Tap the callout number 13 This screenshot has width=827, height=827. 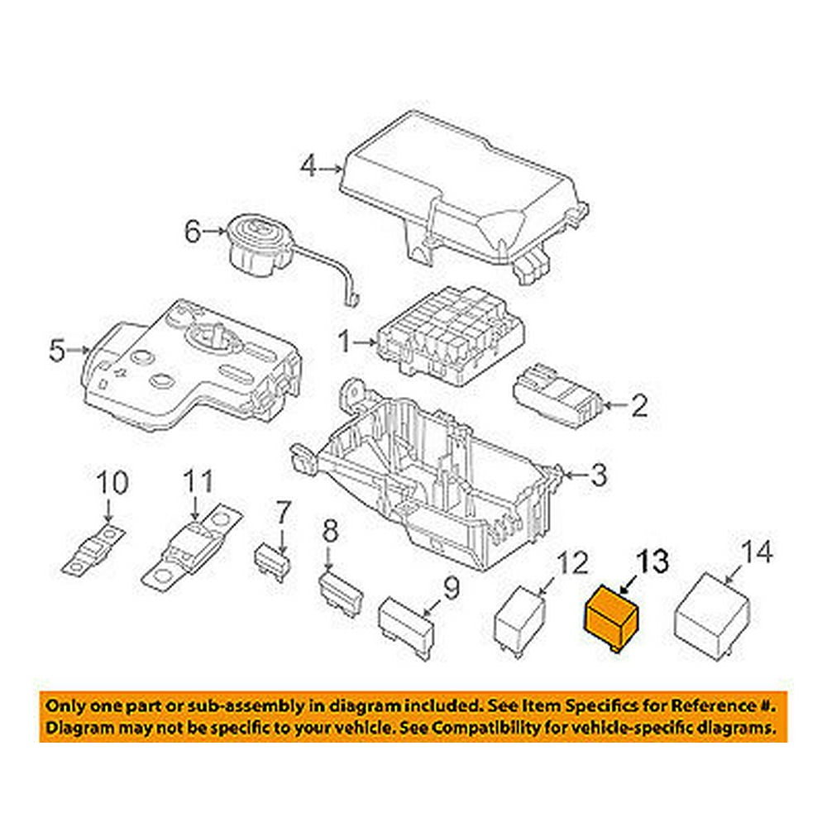[653, 563]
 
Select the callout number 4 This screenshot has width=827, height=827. [308, 168]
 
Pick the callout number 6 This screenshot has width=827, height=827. [193, 232]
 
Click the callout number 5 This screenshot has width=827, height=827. [56, 351]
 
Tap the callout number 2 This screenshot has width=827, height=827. [639, 406]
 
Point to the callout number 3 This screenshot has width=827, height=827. [598, 476]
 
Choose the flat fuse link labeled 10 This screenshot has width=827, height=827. [96, 554]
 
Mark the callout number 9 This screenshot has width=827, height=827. [451, 589]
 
